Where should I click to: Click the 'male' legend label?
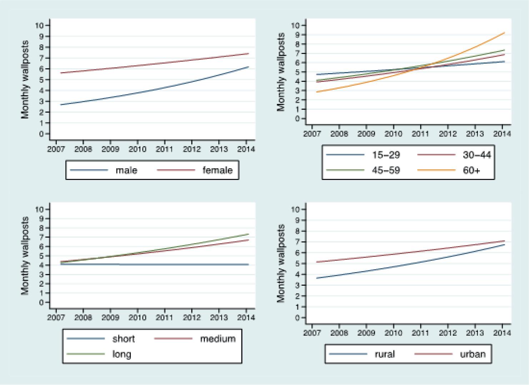[x=126, y=170]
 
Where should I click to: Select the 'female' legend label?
[x=217, y=170]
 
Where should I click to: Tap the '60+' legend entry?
[x=471, y=170]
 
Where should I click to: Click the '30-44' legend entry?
[x=476, y=155]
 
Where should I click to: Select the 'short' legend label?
[x=123, y=339]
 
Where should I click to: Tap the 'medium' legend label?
[x=218, y=339]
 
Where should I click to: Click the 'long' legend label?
[x=122, y=354]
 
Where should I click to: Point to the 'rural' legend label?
[x=385, y=354]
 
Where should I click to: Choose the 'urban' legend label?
[x=473, y=354]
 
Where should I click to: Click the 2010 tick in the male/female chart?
[x=138, y=149]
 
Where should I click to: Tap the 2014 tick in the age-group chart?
[x=502, y=134]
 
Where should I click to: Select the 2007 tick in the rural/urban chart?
[x=312, y=333]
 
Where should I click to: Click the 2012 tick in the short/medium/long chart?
[x=192, y=317]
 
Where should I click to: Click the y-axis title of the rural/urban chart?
[x=281, y=263]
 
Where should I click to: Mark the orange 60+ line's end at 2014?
[x=504, y=33]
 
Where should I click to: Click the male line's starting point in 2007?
[x=61, y=105]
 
